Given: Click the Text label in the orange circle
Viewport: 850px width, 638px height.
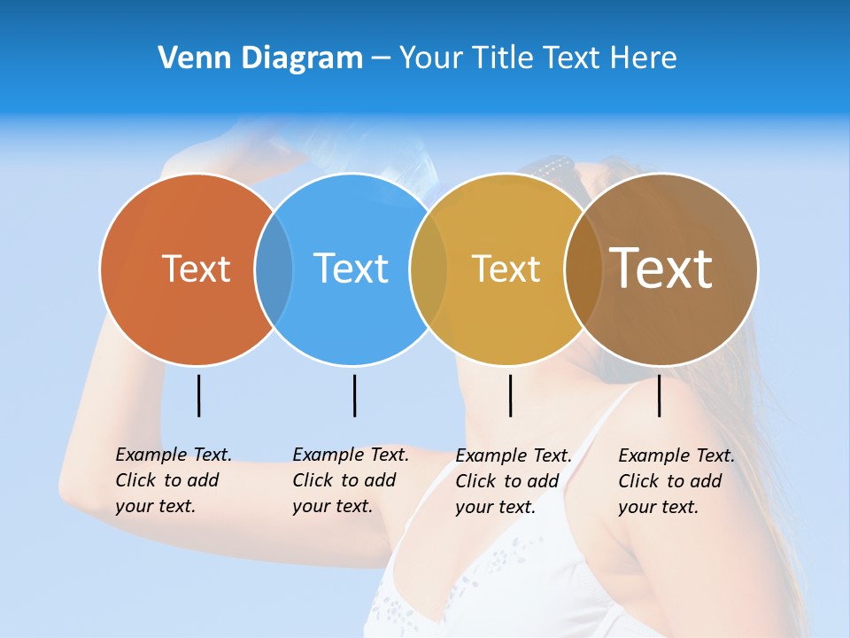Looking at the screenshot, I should point(196,268).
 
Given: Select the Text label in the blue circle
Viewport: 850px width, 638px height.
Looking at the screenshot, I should point(351,268).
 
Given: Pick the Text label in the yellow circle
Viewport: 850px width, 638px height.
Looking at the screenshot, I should point(506,268).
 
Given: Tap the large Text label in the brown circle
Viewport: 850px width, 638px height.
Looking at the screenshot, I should point(661,268).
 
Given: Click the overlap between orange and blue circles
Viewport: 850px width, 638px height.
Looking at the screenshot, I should point(274,269).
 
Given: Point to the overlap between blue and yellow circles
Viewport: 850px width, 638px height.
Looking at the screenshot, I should point(429,269).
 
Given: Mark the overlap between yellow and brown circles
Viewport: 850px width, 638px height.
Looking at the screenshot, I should point(583,269).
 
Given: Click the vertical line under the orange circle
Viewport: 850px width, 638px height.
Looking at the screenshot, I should point(199,395).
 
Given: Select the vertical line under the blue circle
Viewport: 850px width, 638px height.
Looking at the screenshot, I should point(354,395).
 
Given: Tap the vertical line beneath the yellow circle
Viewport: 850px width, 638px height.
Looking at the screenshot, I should point(510,395).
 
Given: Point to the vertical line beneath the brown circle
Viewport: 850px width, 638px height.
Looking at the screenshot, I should point(659,395).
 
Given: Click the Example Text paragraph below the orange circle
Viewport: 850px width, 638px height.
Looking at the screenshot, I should point(173,480).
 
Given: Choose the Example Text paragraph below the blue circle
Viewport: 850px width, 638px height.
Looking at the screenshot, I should point(350,480).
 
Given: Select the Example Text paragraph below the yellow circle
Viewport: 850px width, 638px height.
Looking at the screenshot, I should point(513,481).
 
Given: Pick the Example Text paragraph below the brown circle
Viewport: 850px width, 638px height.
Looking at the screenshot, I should point(676,481).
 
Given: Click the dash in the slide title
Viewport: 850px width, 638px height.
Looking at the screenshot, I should point(381,58).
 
